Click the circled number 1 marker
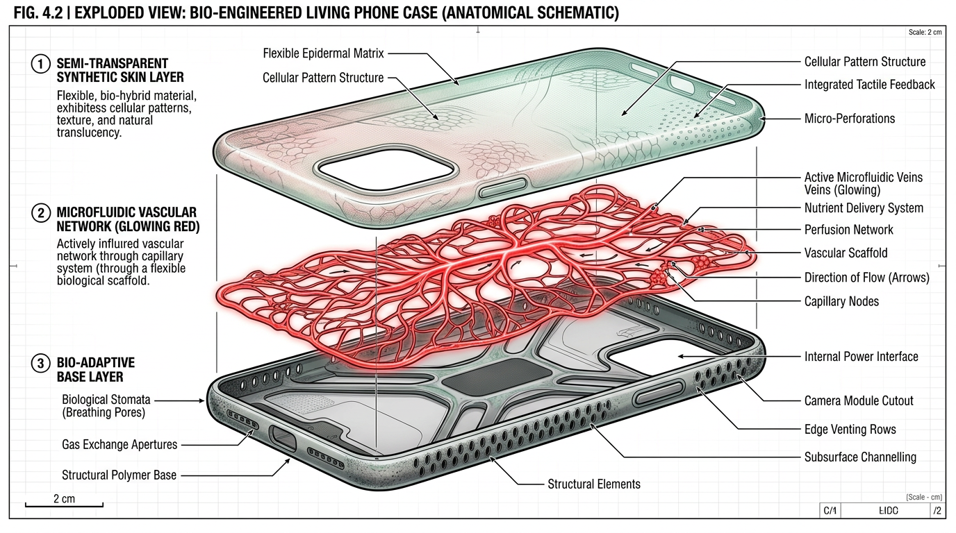[41, 65]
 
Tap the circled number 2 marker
[41, 212]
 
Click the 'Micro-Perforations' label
[849, 119]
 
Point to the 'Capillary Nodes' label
[841, 301]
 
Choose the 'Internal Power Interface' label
[861, 357]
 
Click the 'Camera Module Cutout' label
[859, 400]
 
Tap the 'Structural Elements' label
[594, 484]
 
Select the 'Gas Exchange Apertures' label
[119, 444]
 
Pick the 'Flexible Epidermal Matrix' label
[323, 53]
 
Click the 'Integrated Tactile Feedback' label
[870, 85]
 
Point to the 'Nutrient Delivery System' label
[864, 208]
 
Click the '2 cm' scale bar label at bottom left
[63, 498]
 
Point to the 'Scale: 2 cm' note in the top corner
[925, 33]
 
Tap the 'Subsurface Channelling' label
[860, 457]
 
